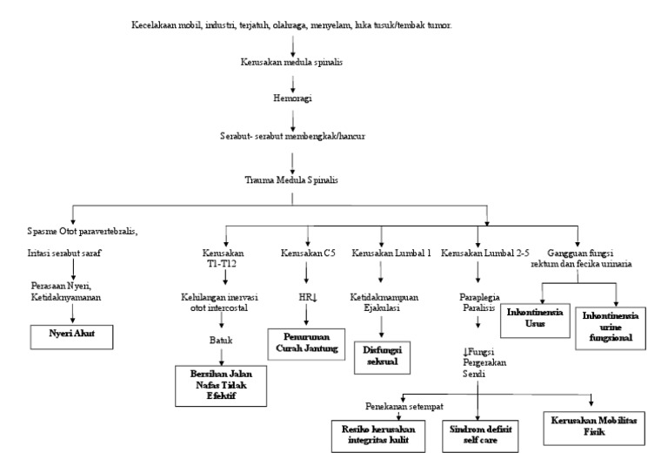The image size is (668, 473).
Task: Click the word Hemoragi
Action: [x=293, y=99]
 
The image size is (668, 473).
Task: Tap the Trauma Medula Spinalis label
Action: [x=293, y=179]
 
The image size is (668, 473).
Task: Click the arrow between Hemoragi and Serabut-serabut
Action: [x=293, y=118]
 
